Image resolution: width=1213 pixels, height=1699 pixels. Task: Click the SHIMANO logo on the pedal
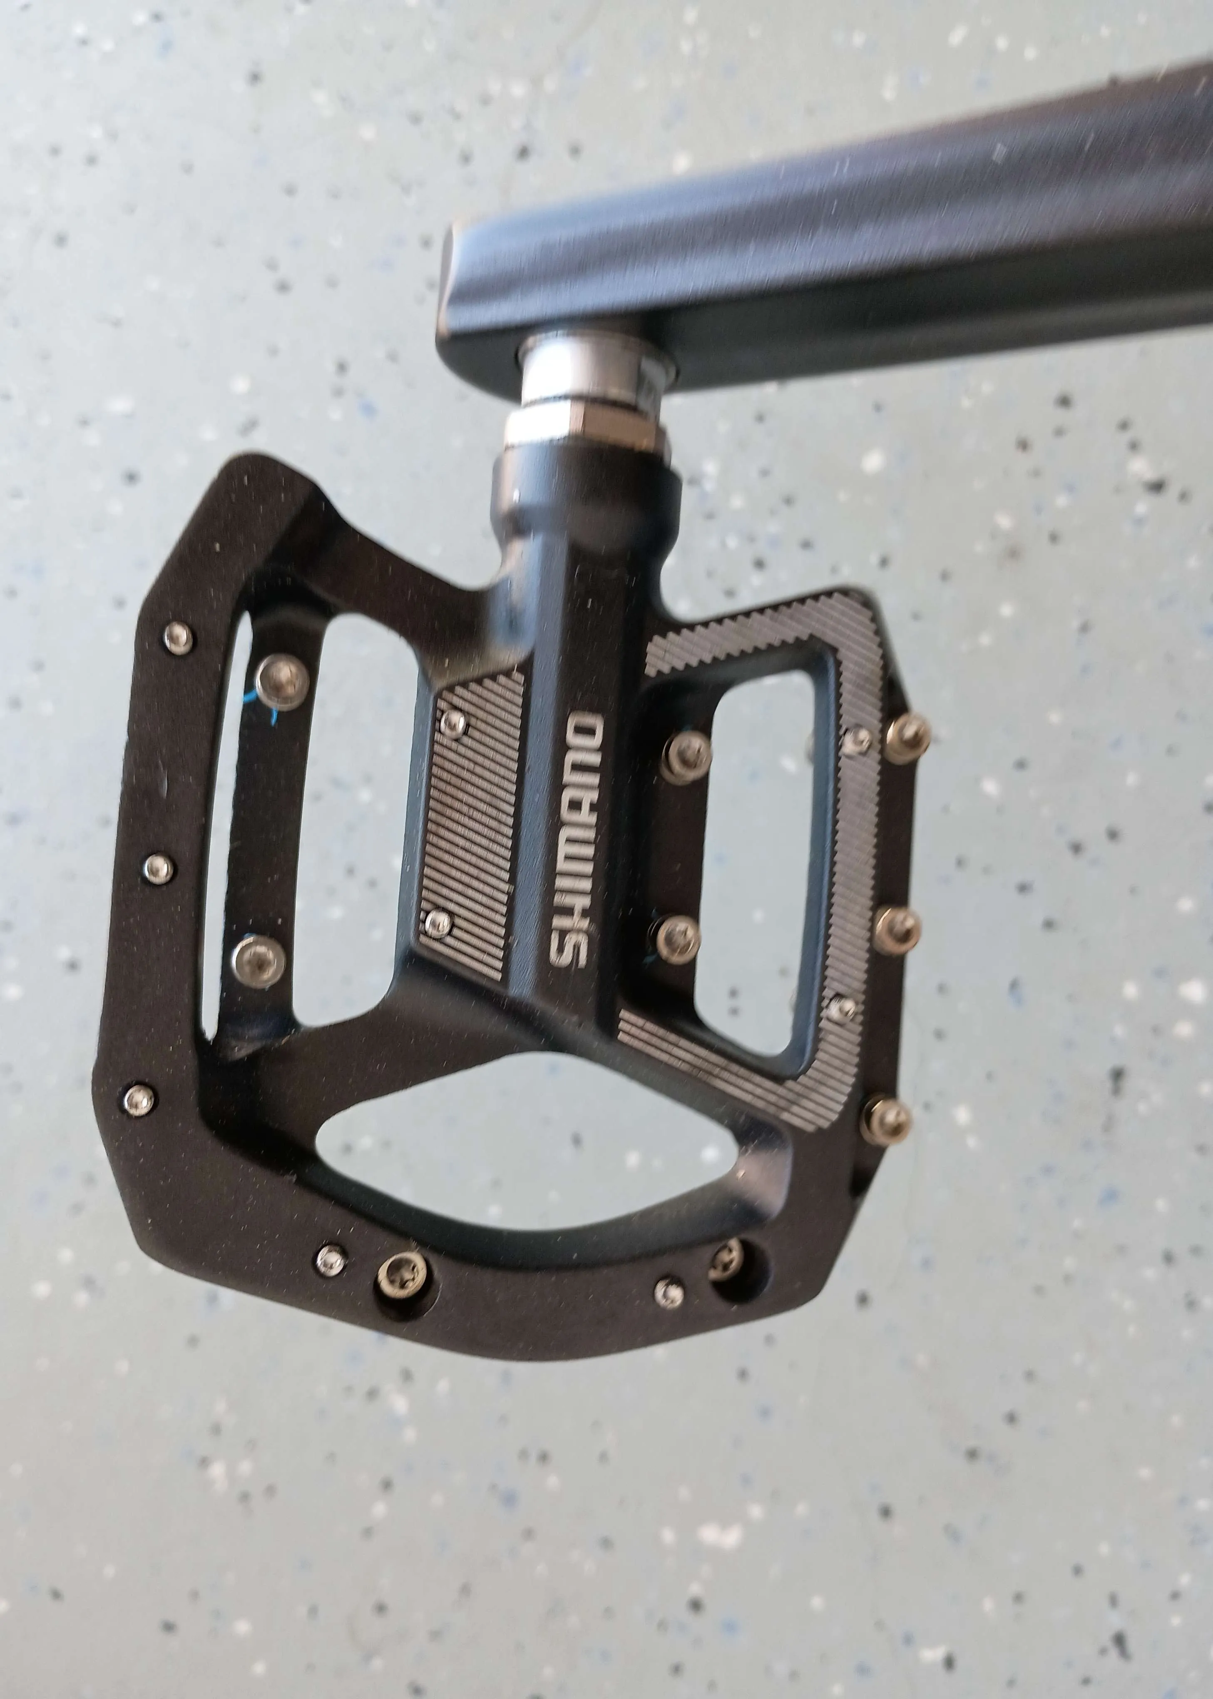pos(577,840)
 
